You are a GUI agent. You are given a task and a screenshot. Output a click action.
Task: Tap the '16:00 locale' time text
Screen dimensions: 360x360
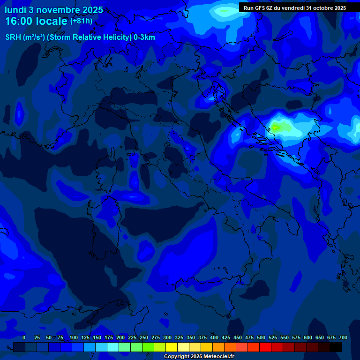coord(36,22)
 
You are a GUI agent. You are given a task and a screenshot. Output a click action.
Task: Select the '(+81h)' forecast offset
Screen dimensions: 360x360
coord(82,21)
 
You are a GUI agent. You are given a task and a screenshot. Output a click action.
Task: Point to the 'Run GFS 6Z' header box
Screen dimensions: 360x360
coord(294,7)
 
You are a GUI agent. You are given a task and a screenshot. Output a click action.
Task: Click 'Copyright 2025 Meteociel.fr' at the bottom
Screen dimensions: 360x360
coord(199,357)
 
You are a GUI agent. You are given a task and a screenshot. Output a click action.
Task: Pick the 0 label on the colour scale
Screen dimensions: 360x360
coord(24,337)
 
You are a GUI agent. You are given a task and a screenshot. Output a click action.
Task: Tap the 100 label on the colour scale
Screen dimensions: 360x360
coord(74,337)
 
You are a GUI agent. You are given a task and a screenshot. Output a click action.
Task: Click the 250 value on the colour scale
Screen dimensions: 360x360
coord(144,337)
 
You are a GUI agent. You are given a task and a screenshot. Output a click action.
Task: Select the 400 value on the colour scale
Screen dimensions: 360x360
coord(214,337)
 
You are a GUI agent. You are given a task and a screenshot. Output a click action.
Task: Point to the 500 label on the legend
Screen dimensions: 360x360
coord(261,337)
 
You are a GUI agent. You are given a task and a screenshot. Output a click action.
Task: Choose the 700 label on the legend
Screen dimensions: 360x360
coord(343,337)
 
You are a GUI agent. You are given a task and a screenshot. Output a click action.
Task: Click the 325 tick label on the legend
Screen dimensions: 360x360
coord(179,337)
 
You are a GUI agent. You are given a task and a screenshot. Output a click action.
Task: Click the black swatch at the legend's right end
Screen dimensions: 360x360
coord(336,347)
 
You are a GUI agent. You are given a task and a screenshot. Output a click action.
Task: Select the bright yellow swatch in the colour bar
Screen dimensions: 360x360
coord(172,347)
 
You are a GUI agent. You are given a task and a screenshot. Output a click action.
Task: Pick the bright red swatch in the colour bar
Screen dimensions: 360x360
coord(265,347)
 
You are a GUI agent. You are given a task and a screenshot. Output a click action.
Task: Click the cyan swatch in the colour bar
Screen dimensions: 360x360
coord(113,347)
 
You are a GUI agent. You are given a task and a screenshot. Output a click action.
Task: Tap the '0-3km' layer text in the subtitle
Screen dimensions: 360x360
coord(144,37)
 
